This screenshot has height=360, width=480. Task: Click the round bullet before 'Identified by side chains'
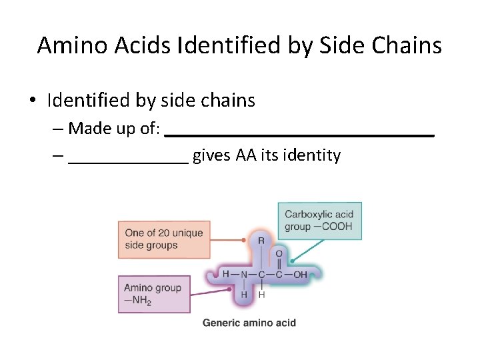click(32, 101)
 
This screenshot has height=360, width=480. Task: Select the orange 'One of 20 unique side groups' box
click(164, 239)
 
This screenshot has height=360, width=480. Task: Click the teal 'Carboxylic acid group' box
click(319, 221)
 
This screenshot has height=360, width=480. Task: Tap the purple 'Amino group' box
click(154, 294)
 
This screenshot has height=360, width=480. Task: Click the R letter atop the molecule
click(261, 240)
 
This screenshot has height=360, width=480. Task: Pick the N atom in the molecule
click(244, 274)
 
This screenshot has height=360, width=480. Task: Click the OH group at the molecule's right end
click(300, 274)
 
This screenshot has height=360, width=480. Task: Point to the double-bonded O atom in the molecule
click(279, 254)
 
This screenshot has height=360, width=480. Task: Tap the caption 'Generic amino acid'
click(249, 323)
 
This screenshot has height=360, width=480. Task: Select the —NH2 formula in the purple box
click(137, 301)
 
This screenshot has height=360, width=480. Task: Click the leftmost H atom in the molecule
click(226, 274)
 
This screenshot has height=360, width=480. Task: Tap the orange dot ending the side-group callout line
click(246, 239)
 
